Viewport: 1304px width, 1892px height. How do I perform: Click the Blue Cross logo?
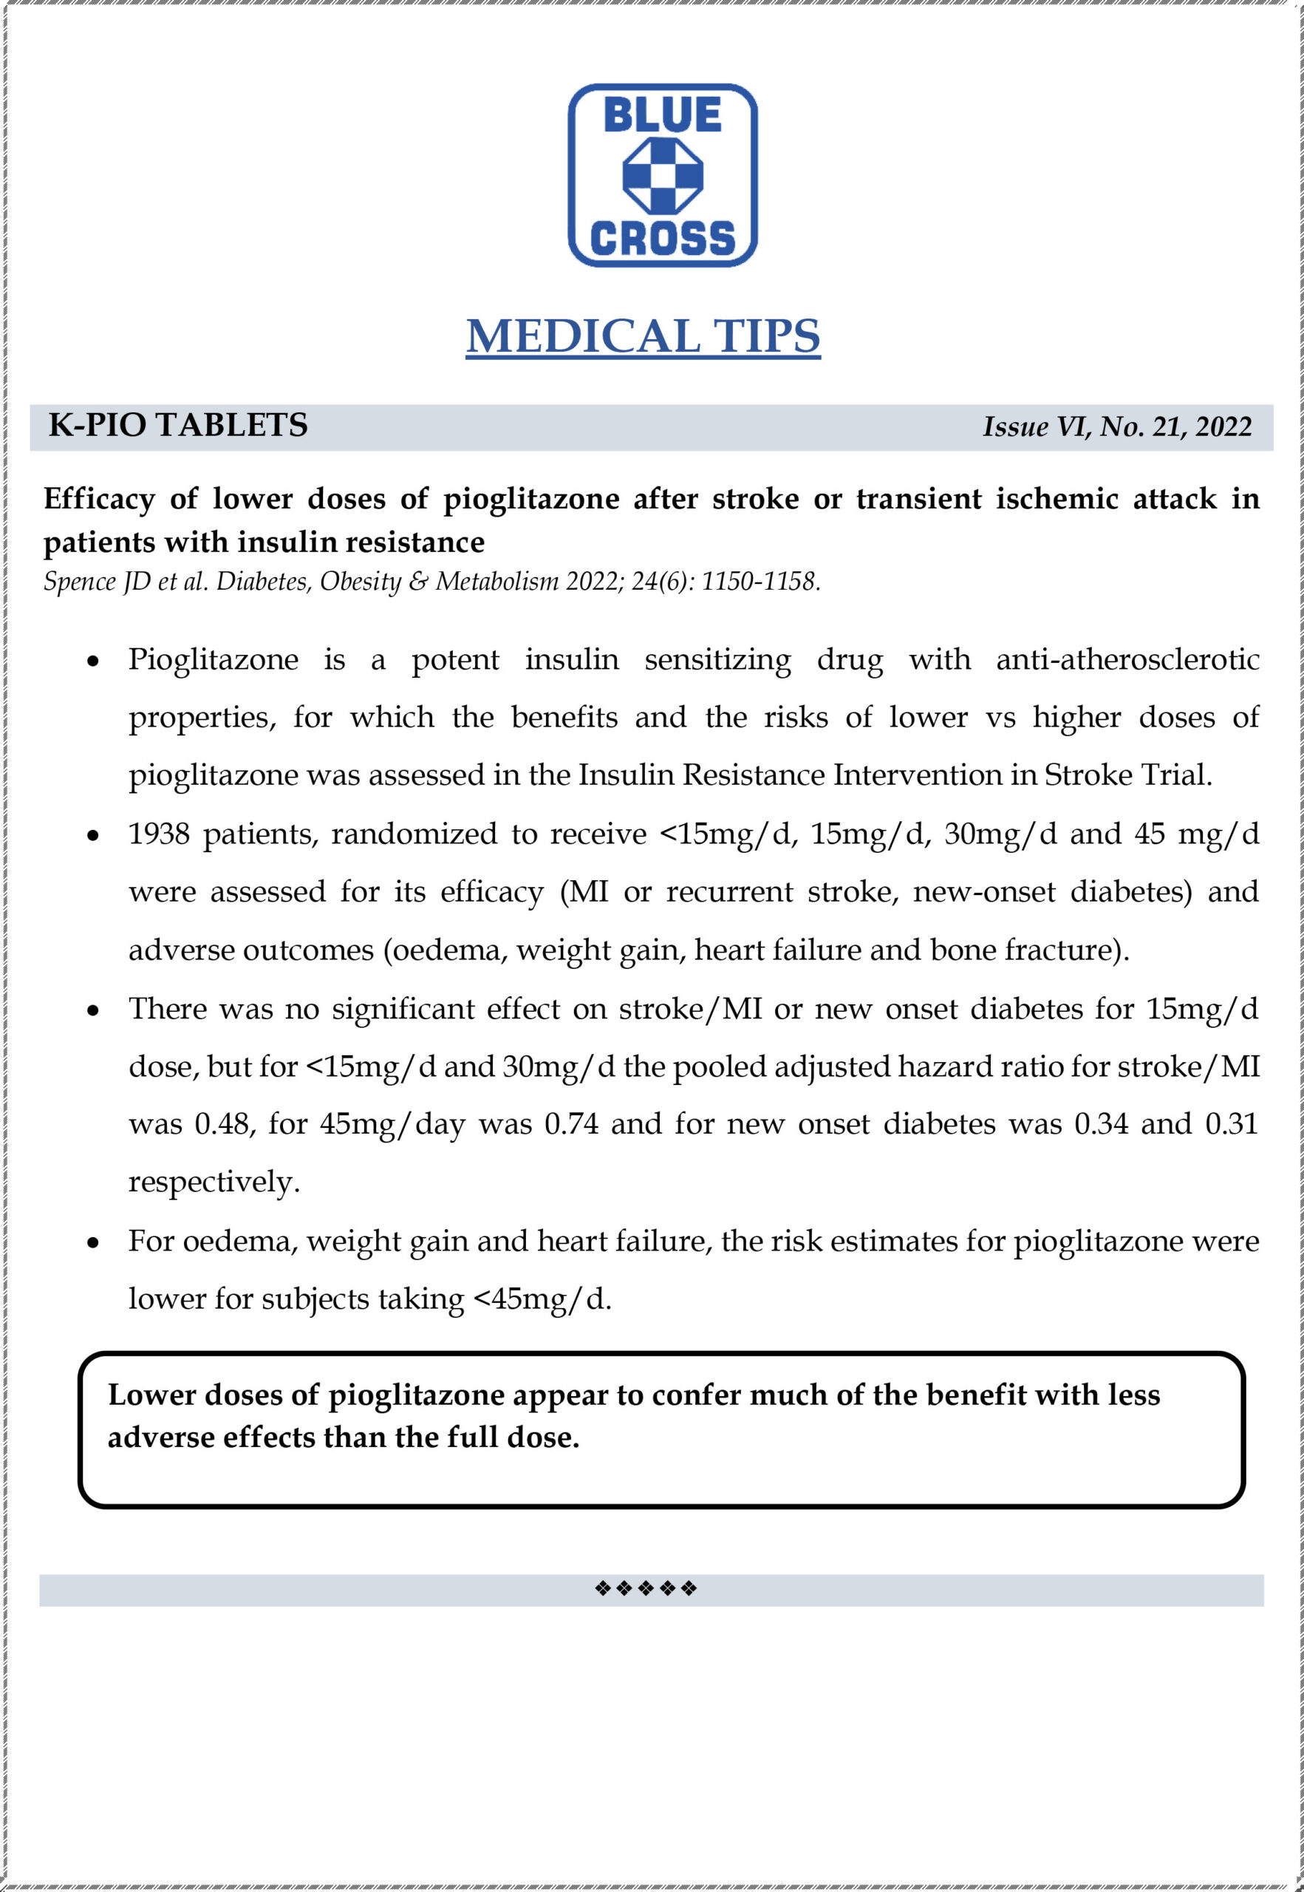[662, 175]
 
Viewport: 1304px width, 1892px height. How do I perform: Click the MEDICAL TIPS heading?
[643, 336]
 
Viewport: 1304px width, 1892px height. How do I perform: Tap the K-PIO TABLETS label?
[178, 425]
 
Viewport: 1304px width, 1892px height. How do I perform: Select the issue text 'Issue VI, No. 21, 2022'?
[1116, 426]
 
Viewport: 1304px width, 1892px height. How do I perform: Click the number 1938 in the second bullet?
[159, 834]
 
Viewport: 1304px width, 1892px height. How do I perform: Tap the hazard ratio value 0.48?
[221, 1124]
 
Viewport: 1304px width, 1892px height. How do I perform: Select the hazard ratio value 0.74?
[571, 1124]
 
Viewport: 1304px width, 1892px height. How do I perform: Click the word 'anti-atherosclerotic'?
[1127, 659]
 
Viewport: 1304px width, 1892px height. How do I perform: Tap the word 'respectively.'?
[214, 1182]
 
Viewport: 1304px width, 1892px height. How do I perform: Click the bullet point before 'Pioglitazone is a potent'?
[94, 661]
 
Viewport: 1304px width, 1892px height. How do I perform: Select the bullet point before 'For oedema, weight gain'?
[94, 1242]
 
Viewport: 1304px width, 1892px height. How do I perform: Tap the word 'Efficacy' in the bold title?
[99, 499]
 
